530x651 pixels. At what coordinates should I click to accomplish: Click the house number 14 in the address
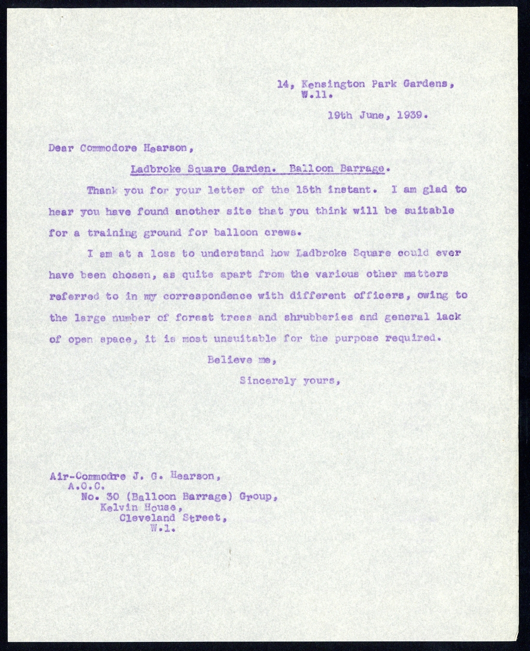click(282, 84)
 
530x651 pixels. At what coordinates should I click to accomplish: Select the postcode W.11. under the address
click(317, 95)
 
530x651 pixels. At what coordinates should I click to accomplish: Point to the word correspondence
click(208, 296)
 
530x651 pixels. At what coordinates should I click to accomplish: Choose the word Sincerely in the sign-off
click(268, 380)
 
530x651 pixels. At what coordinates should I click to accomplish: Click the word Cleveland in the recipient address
click(147, 518)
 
